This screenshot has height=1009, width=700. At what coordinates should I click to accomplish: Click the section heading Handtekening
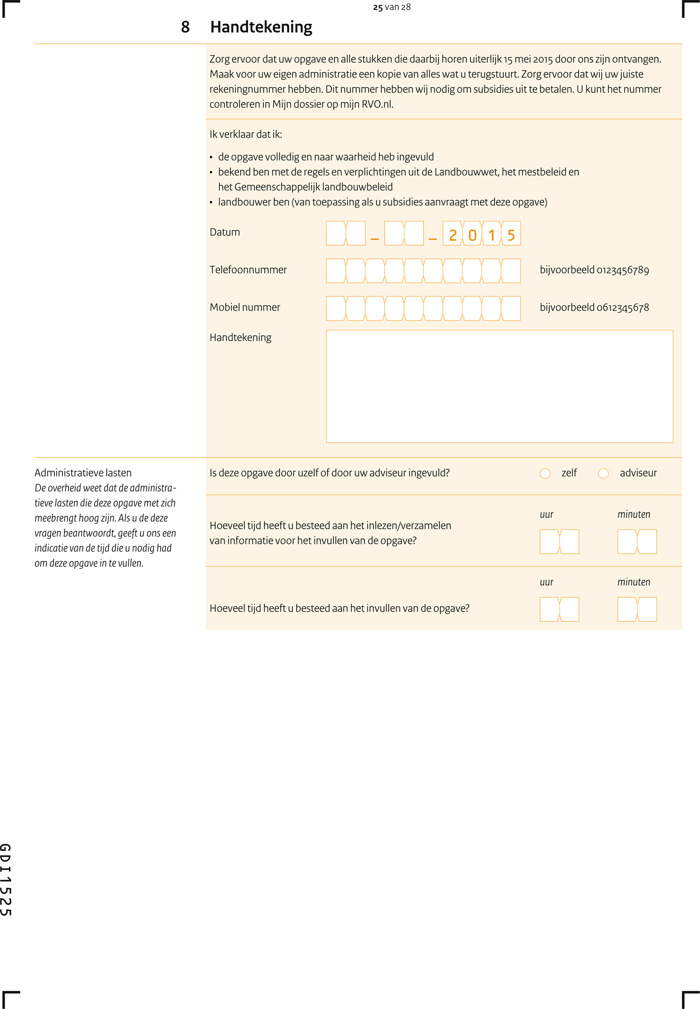(x=261, y=27)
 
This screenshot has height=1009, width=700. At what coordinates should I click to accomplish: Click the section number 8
(x=185, y=27)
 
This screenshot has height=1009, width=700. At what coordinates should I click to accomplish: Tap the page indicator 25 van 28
(x=391, y=7)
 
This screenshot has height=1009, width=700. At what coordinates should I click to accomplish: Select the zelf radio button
(x=545, y=473)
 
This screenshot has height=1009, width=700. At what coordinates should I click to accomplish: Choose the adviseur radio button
(x=603, y=473)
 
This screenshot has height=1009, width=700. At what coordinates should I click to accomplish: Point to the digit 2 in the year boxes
(x=453, y=235)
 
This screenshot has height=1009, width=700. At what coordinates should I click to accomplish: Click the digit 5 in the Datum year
(x=511, y=235)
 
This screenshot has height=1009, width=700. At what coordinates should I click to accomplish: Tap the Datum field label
(x=224, y=232)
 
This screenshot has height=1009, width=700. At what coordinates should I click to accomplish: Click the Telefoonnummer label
(x=248, y=270)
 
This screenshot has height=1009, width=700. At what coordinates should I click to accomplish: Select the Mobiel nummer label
(x=245, y=307)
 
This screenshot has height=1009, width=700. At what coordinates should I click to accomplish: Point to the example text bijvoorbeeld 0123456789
(x=594, y=270)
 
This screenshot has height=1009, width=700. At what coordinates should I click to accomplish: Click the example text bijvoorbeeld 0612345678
(x=594, y=307)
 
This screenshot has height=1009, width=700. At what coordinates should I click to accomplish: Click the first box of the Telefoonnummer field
(x=336, y=271)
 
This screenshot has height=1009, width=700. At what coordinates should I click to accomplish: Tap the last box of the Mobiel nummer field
(x=511, y=308)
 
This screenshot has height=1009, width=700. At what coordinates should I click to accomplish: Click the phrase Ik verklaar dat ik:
(x=246, y=134)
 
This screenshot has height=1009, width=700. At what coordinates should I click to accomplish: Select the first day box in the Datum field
(x=336, y=234)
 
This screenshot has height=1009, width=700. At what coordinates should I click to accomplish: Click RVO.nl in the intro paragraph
(x=377, y=104)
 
